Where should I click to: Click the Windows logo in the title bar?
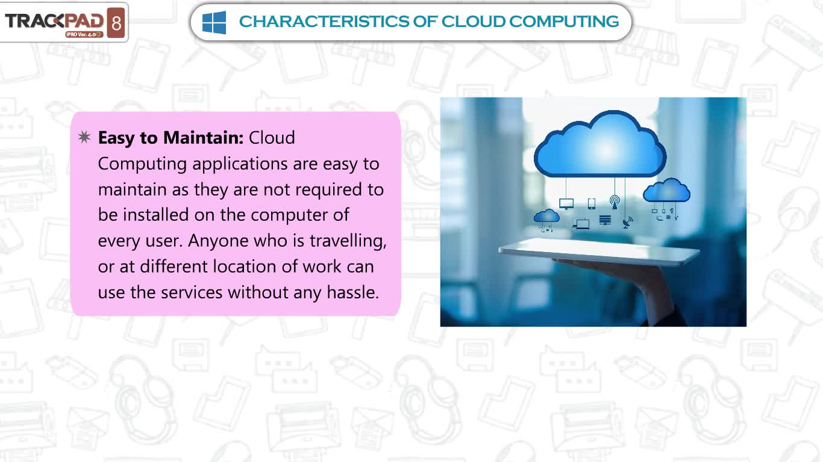click(x=214, y=22)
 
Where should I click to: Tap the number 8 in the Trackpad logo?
click(x=116, y=23)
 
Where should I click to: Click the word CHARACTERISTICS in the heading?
click(x=324, y=22)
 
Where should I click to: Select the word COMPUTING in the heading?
click(x=564, y=22)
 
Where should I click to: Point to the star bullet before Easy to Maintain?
click(x=84, y=137)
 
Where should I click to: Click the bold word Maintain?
click(x=203, y=138)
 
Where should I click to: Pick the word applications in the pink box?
click(x=240, y=164)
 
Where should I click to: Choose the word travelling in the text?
click(x=348, y=241)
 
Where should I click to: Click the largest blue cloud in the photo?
click(x=600, y=145)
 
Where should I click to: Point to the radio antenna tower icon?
click(x=615, y=202)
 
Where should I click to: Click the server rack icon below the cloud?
click(x=605, y=220)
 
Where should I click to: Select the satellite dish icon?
click(x=628, y=223)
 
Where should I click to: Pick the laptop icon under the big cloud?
click(x=581, y=224)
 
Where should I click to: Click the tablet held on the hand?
click(x=599, y=251)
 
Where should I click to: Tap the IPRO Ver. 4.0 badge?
click(x=84, y=34)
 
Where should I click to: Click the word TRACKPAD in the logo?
click(x=54, y=21)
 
